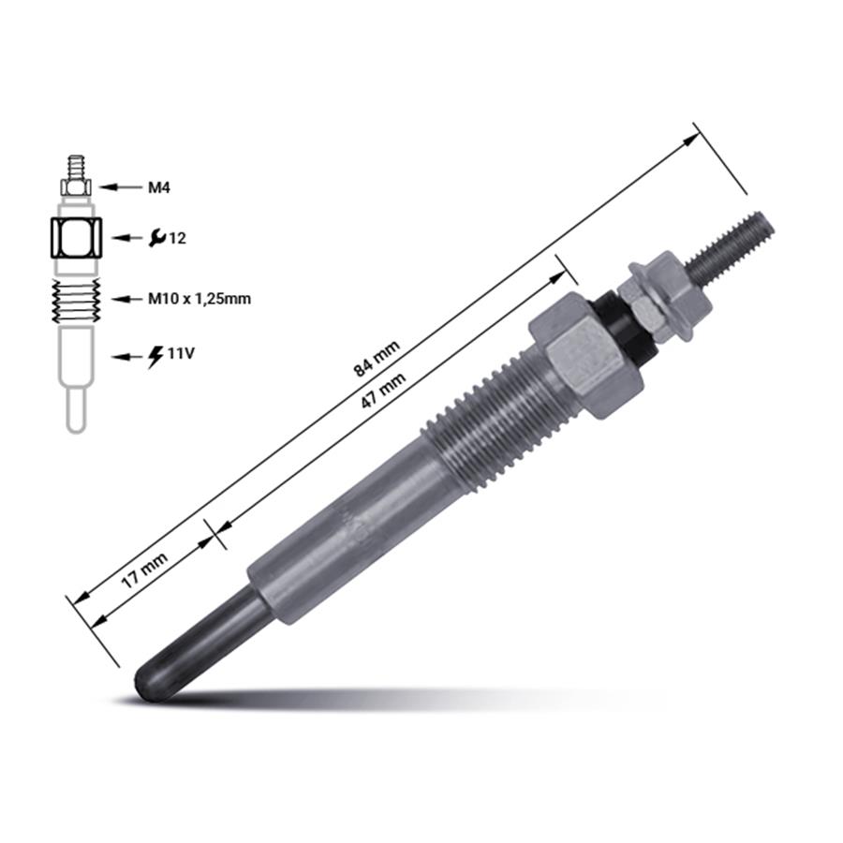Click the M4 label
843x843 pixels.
click(x=159, y=187)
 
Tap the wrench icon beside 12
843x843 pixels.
click(x=157, y=237)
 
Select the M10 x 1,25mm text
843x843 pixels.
click(x=200, y=298)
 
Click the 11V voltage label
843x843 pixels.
click(x=181, y=353)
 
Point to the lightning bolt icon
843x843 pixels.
click(x=155, y=357)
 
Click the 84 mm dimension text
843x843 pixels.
click(x=376, y=359)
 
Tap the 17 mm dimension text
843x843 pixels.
click(x=143, y=569)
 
